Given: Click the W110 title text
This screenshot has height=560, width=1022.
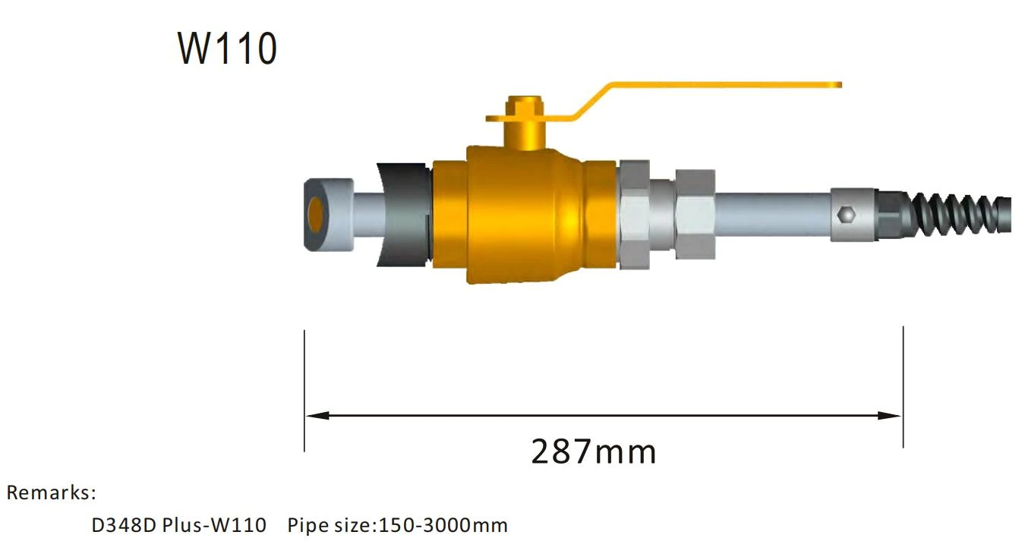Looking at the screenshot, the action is tap(227, 49).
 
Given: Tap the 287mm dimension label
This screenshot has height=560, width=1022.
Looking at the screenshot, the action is tap(594, 451).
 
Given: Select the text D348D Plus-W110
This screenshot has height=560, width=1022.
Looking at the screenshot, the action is tap(179, 525).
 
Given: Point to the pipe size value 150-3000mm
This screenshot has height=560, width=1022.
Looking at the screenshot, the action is tap(443, 525).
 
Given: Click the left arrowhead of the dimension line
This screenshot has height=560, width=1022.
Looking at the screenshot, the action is tap(317, 415).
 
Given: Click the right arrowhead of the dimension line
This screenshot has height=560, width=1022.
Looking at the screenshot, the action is tap(889, 415).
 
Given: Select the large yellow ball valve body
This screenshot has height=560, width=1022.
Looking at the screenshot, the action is tap(525, 214).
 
